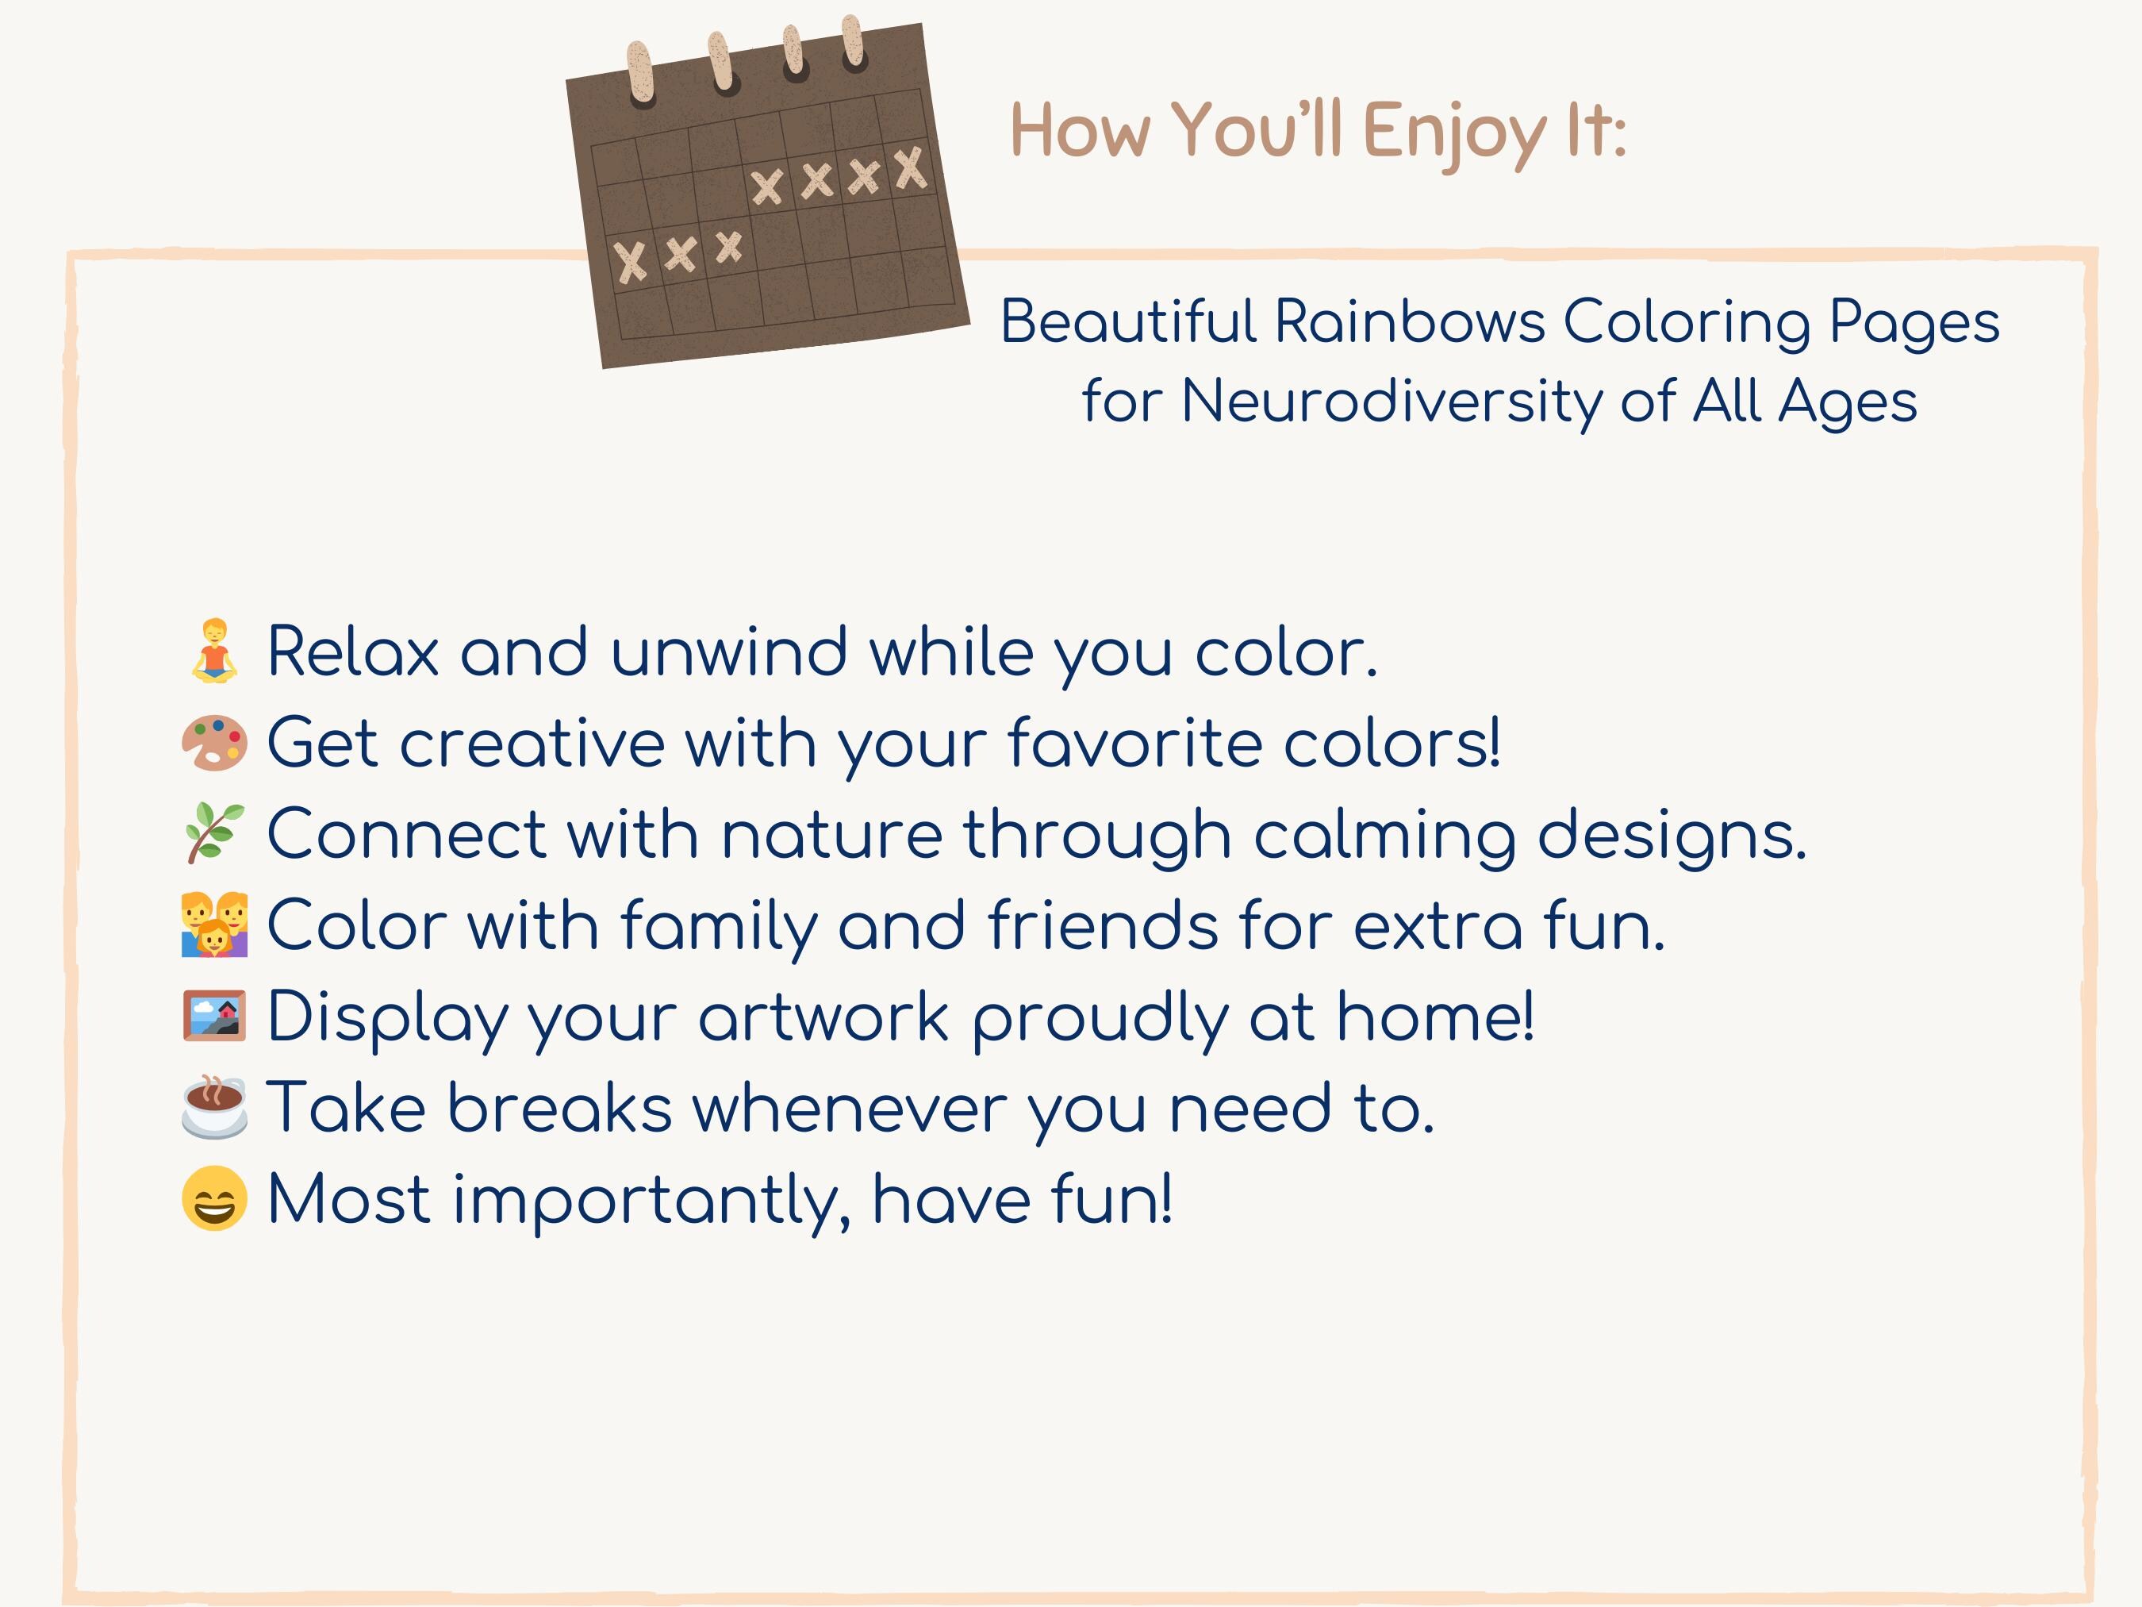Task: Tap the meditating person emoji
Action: [x=214, y=651]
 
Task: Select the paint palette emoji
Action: [x=214, y=743]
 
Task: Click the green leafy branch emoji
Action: [x=214, y=833]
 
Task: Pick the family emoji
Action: [x=214, y=925]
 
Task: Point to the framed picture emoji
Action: [x=214, y=1016]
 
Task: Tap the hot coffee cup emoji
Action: [x=214, y=1106]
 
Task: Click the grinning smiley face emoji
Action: [x=214, y=1198]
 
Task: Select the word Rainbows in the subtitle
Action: [x=1409, y=321]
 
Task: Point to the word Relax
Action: [x=352, y=652]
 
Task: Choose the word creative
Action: [x=532, y=744]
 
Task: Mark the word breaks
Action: [x=560, y=1108]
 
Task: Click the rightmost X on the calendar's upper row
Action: [x=910, y=168]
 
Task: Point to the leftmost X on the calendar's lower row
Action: [x=631, y=263]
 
